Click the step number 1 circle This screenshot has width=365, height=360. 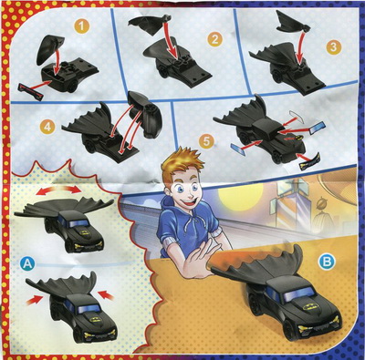[x=81, y=26]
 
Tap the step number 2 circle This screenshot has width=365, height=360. [x=215, y=39]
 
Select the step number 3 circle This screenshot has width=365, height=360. [x=334, y=47]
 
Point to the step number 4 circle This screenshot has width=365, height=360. [x=47, y=127]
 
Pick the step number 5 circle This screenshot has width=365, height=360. [x=206, y=142]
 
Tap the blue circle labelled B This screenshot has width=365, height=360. [x=327, y=262]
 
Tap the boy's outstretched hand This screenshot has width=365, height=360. [x=198, y=262]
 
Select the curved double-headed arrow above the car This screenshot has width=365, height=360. [x=58, y=190]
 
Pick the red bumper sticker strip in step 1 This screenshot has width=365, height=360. [x=31, y=91]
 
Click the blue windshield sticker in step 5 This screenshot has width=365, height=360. [x=317, y=128]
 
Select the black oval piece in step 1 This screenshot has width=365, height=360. [x=49, y=49]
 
